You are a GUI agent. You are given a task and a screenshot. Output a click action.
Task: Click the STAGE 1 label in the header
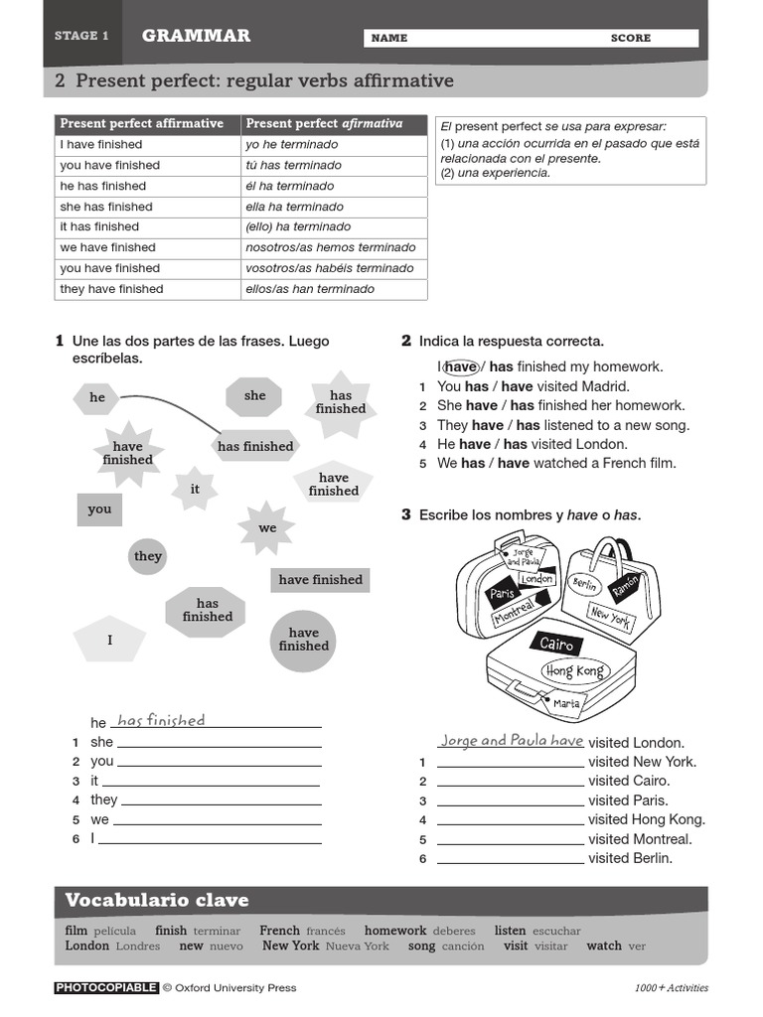(81, 36)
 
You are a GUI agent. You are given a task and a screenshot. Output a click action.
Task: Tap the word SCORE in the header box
(631, 38)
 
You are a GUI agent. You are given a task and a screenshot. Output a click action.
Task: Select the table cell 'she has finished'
(106, 207)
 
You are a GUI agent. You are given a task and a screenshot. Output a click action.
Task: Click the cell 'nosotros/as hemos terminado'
(331, 247)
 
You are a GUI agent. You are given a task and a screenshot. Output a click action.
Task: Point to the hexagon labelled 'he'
(97, 398)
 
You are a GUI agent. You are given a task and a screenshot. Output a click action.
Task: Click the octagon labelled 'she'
(255, 395)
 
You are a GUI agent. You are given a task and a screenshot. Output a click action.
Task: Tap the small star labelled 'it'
(195, 489)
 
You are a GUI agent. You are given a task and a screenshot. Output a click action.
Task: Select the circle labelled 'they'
(148, 556)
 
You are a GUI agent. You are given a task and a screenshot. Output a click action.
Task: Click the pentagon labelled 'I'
(110, 641)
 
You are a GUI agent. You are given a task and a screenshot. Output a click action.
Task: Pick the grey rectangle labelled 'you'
(99, 509)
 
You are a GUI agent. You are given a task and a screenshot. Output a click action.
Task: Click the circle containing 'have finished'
(303, 640)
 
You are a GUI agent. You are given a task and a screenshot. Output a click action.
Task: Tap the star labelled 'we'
(267, 527)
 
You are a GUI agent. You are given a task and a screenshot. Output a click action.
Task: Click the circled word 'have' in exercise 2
(461, 366)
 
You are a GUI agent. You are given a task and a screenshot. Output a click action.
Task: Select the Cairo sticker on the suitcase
(557, 644)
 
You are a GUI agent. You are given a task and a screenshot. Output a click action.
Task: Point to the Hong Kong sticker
(574, 671)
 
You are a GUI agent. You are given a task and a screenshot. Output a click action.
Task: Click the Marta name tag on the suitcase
(566, 703)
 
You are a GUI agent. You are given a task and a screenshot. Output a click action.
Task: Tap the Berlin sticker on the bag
(584, 583)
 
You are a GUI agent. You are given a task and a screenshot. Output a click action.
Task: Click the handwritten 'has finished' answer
(161, 721)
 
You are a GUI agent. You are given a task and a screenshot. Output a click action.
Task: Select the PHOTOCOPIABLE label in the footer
(106, 987)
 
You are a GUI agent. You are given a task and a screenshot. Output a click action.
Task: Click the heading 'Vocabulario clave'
(157, 901)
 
